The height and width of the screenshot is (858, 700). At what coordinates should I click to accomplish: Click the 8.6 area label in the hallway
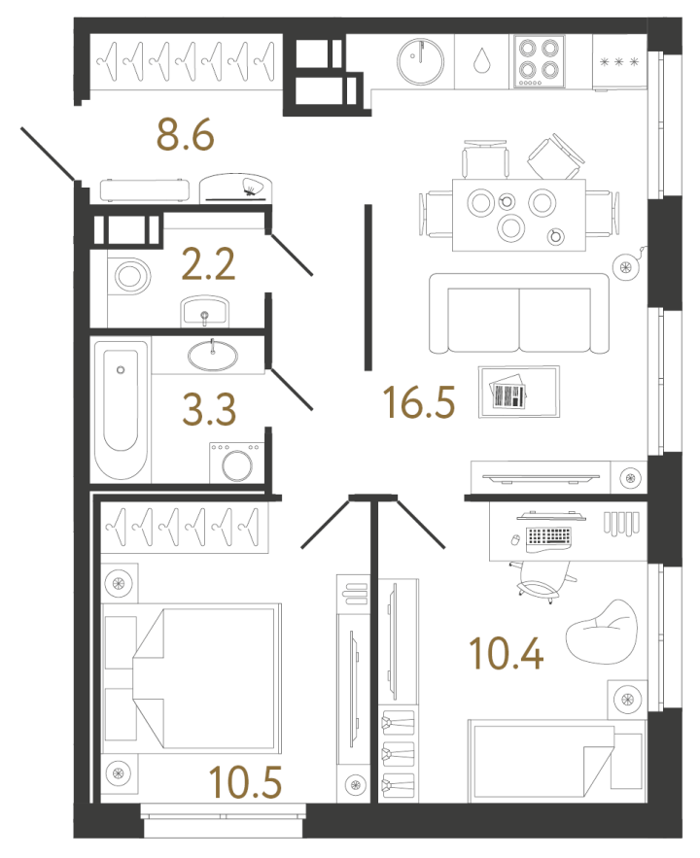click(x=186, y=135)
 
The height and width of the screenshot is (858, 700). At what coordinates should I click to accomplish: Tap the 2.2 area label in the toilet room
click(x=208, y=264)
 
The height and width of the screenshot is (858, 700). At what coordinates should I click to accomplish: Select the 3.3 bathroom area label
click(x=209, y=409)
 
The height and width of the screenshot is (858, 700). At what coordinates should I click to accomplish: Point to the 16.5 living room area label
click(x=419, y=402)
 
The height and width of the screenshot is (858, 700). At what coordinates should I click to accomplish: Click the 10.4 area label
click(x=507, y=654)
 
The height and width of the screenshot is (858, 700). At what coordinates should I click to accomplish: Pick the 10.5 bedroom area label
click(x=246, y=782)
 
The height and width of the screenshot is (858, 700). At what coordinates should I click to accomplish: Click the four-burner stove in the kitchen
click(x=539, y=62)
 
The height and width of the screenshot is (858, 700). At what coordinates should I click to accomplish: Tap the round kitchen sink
click(x=420, y=61)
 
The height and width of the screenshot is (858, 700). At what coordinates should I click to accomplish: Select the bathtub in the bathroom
click(x=121, y=409)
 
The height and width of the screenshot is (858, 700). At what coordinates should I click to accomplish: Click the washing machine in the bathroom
click(x=237, y=463)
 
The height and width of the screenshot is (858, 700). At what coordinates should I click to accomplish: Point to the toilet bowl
click(x=128, y=276)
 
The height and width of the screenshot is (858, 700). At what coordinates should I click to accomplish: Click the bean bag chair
click(x=602, y=632)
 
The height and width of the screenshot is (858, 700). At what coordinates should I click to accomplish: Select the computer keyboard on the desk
click(x=549, y=536)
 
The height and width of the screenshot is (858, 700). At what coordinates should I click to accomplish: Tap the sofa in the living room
click(x=519, y=314)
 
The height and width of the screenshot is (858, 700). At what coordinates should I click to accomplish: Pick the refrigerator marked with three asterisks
click(x=619, y=62)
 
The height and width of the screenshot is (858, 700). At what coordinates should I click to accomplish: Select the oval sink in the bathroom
click(x=213, y=356)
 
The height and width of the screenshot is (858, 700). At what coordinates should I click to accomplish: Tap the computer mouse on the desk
click(x=515, y=540)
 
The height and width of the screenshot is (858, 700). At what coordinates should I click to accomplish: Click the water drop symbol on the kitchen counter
click(x=481, y=60)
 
